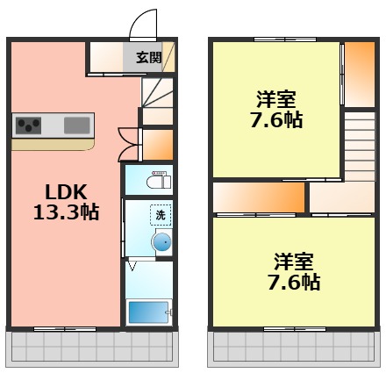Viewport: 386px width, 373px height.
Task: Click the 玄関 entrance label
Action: pyautogui.click(x=148, y=59)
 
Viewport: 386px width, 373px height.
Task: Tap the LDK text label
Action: pyautogui.click(x=65, y=191)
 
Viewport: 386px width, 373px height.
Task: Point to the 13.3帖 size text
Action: pyautogui.click(x=66, y=212)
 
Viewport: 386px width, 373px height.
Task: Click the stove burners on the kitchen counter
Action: pyautogui.click(x=30, y=126)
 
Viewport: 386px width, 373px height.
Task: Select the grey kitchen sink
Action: pyautogui.click(x=76, y=126)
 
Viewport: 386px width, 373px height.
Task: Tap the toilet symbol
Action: pyautogui.click(x=159, y=181)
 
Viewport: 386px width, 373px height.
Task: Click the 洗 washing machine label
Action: pyautogui.click(x=161, y=214)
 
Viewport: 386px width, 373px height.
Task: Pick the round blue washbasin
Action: pyautogui.click(x=161, y=241)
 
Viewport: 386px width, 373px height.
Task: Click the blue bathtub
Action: pyautogui.click(x=150, y=312)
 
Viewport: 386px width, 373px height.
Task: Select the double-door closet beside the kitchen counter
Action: pyautogui.click(x=129, y=144)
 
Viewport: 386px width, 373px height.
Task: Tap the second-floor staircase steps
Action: pyautogui.click(x=359, y=145)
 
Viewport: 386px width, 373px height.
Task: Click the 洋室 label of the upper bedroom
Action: pyautogui.click(x=276, y=99)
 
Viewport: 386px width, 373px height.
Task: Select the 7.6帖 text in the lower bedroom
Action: pyautogui.click(x=293, y=282)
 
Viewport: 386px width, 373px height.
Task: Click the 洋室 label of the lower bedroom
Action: pyautogui.click(x=293, y=261)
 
